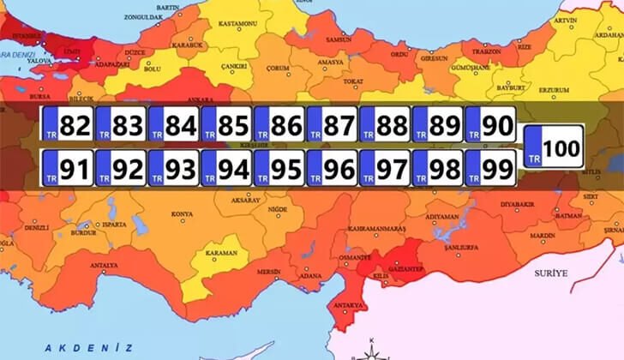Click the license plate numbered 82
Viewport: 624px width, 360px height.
pos(68,126)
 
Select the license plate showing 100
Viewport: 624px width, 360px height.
pos(554,147)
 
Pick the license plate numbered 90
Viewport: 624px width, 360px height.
pos(490,126)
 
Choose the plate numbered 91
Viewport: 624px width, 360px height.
pos(68,168)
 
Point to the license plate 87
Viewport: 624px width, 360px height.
pos(332,126)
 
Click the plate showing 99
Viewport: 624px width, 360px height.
pos(490,168)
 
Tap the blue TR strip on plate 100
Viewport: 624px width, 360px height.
pos(534,147)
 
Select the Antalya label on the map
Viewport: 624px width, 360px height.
pos(104,265)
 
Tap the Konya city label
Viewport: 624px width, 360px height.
pos(182,214)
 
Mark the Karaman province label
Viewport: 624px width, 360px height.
pos(222,253)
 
